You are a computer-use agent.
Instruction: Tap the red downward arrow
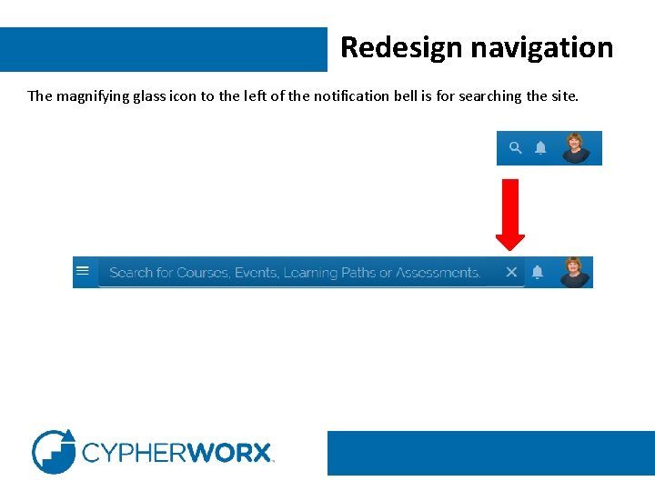point(510,214)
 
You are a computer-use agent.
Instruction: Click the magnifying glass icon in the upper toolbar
point(515,147)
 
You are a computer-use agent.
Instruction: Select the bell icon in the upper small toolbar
point(540,148)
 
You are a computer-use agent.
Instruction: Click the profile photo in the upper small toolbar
point(575,147)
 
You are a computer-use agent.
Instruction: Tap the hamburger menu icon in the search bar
point(83,271)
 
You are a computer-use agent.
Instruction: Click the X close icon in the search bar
point(511,272)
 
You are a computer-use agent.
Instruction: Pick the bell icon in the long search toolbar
point(538,272)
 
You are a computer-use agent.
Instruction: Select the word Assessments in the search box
point(438,272)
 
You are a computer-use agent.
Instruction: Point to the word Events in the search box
point(256,272)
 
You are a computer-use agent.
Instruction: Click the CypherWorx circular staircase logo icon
point(53,452)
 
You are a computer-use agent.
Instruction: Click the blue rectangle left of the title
point(164,49)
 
